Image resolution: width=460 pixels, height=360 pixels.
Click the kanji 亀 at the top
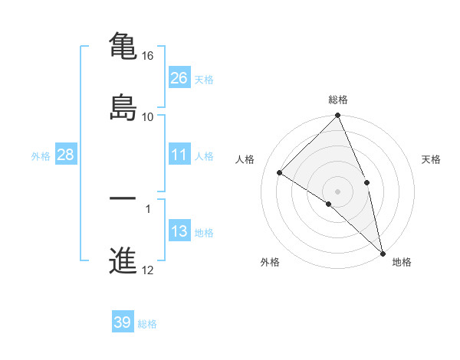click(x=123, y=46)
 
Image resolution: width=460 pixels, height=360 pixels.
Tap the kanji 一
click(x=123, y=198)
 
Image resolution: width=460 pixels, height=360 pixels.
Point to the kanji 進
click(x=123, y=260)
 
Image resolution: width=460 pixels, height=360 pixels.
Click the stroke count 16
click(x=148, y=57)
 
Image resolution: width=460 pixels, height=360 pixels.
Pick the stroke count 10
click(x=148, y=117)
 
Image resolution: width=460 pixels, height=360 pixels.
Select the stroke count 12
click(x=148, y=270)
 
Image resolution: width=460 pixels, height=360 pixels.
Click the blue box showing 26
click(x=179, y=77)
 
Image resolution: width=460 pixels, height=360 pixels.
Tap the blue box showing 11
click(x=179, y=155)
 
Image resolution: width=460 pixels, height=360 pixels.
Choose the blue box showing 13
click(x=179, y=231)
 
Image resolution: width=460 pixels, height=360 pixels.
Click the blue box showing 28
click(x=66, y=155)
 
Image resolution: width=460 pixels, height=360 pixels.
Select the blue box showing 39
click(x=123, y=322)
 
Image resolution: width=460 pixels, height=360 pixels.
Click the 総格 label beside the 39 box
click(x=148, y=324)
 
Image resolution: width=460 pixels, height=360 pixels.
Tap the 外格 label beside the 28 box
click(x=41, y=156)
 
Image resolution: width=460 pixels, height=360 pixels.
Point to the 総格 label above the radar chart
click(x=338, y=100)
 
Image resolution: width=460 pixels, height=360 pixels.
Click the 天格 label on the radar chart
click(x=432, y=159)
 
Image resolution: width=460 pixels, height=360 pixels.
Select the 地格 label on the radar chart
click(x=402, y=262)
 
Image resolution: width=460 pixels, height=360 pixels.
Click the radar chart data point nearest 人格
click(x=280, y=172)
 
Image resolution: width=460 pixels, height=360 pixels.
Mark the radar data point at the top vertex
click(x=338, y=116)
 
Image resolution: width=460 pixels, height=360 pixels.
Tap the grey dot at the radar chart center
click(x=338, y=191)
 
